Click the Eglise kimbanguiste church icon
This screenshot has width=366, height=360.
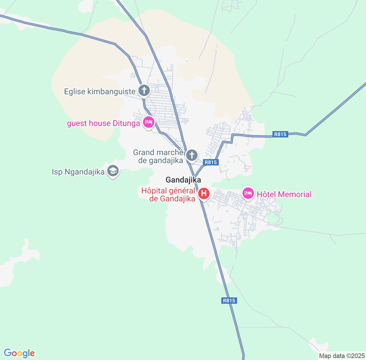[144, 91]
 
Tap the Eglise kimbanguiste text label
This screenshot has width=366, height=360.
[100, 92]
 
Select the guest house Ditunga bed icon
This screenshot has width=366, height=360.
[148, 123]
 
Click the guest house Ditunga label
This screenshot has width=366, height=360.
[104, 123]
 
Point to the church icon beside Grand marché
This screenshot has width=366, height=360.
[192, 156]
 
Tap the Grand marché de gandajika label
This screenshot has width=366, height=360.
[158, 156]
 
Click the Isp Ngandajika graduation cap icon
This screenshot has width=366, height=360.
[113, 171]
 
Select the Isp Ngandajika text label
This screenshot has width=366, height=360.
[78, 172]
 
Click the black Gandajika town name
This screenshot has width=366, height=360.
[183, 180]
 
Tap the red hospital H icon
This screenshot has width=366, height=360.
[204, 194]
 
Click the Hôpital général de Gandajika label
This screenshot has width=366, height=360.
[168, 195]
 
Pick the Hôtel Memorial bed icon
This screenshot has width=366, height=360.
[248, 194]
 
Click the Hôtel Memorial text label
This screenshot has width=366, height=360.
[284, 194]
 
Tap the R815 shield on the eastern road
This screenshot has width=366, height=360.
[280, 134]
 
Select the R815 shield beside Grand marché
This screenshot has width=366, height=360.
[211, 162]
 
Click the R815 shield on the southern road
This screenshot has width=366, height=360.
[229, 301]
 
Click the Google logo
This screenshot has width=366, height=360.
[19, 353]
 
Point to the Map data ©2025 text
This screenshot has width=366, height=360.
[342, 356]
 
